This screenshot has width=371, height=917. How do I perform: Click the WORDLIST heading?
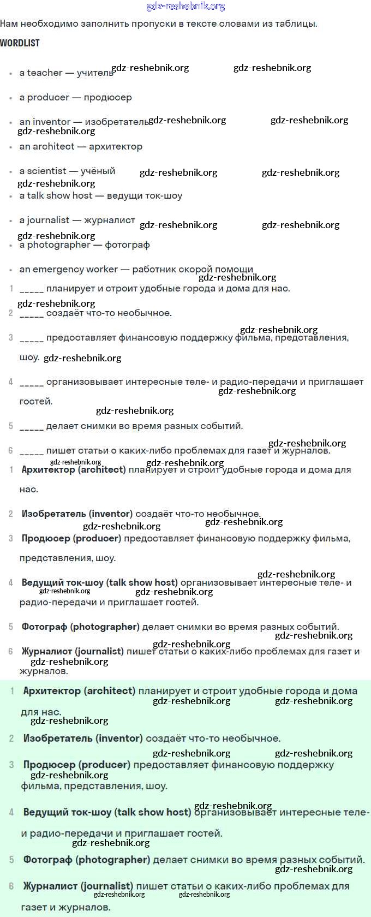[x=20, y=43]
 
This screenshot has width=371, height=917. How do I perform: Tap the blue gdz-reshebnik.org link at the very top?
[x=185, y=7]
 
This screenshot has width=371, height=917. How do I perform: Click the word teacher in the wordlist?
[x=45, y=73]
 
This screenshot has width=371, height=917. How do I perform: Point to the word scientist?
[x=46, y=171]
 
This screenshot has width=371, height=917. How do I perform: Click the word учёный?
[x=98, y=171]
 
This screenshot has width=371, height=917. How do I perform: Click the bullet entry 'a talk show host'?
[x=56, y=195]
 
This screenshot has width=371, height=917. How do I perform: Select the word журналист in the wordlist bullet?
[x=109, y=220]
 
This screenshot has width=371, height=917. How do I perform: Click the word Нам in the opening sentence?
[x=9, y=23]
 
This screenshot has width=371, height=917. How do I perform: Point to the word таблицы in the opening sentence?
[x=298, y=23]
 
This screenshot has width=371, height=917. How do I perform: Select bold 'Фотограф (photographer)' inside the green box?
[x=86, y=859]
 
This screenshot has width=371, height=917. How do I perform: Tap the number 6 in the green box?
[x=11, y=886]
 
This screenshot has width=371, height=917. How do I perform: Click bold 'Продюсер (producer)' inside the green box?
[x=76, y=765]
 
